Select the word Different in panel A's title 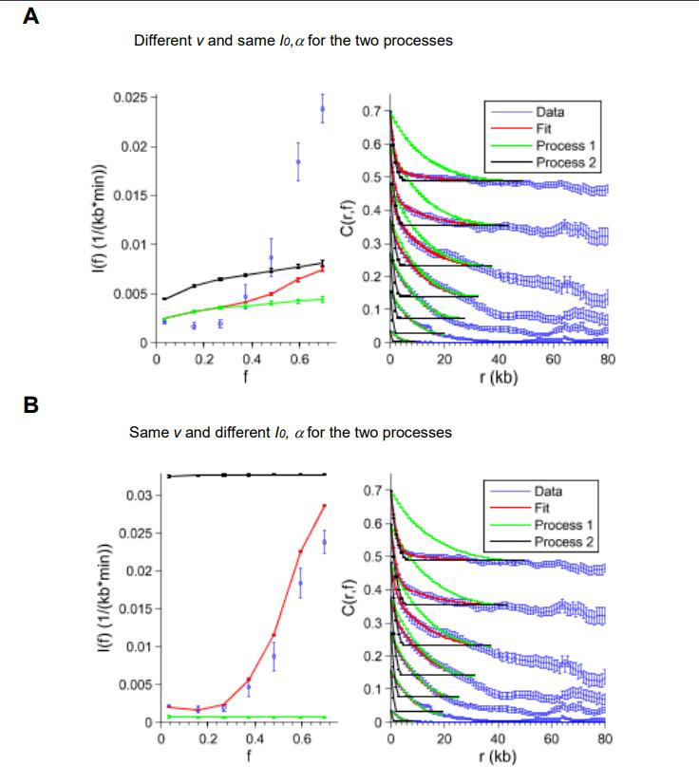point(162,41)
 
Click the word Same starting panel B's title point(145,433)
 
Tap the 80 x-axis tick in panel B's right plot point(606,737)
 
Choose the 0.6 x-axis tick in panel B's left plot point(301,737)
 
